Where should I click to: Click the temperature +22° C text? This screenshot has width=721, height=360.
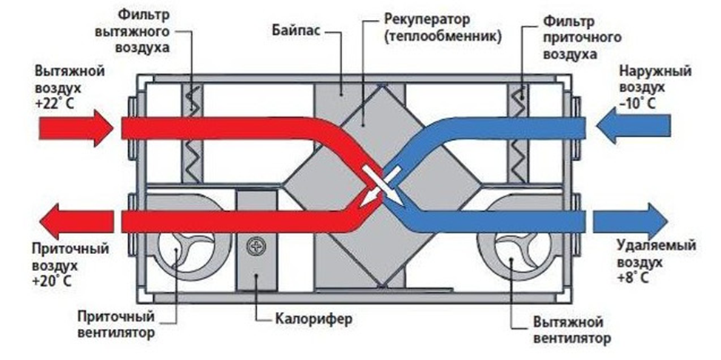(54, 103)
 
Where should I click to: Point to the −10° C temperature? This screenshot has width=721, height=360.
(637, 103)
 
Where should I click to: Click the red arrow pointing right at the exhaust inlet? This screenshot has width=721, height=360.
(76, 128)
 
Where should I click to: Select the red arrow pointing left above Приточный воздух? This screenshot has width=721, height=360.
(76, 221)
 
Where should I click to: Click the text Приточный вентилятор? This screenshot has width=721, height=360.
(115, 324)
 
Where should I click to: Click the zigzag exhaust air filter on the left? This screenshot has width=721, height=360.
(192, 134)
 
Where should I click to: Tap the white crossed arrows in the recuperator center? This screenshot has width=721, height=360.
(382, 186)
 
